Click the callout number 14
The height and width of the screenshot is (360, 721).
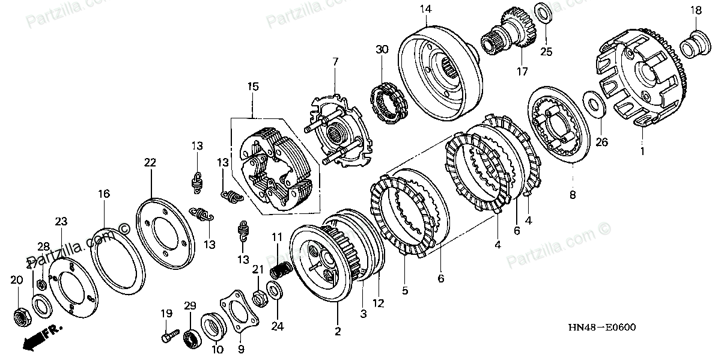(x=425, y=9)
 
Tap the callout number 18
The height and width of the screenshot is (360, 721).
(x=695, y=10)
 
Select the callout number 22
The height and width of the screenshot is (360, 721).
(x=150, y=162)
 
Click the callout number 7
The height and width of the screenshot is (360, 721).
(x=335, y=61)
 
